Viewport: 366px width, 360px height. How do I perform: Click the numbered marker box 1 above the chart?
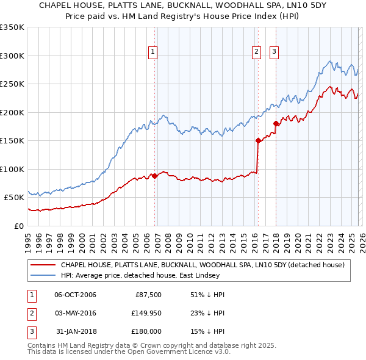point(152,52)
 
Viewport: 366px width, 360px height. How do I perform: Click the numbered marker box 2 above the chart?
point(256,52)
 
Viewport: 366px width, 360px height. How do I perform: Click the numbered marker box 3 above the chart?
point(274,52)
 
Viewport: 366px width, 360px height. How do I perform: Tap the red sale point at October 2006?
point(154,176)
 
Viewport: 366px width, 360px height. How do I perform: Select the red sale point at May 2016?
point(258,140)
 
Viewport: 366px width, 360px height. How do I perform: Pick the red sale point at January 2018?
point(276,123)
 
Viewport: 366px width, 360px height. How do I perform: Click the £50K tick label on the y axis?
point(14,198)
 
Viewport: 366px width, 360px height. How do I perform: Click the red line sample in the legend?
point(43,265)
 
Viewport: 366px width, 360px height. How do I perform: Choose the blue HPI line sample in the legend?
point(43,276)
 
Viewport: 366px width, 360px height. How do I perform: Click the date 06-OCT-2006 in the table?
point(76,295)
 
